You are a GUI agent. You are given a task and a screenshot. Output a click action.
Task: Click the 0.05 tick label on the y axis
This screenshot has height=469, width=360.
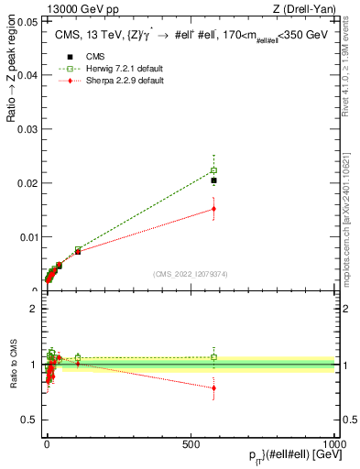[28, 21]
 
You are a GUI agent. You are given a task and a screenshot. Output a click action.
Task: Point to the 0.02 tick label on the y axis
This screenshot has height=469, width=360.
[28, 183]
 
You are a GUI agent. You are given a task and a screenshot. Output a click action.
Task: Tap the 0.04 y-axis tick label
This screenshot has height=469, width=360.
[28, 75]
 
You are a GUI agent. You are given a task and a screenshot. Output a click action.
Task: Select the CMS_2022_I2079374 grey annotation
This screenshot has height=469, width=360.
[191, 273]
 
